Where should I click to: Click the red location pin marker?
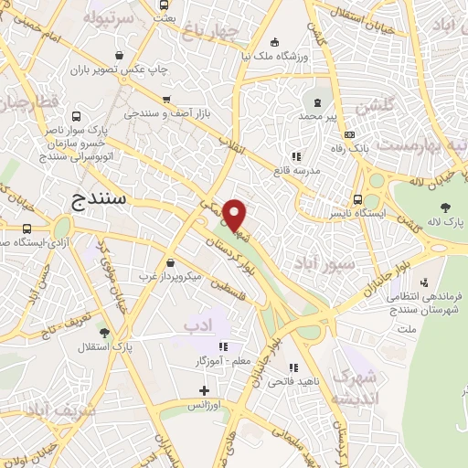[x=235, y=215]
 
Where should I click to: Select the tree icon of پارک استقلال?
[x=105, y=332]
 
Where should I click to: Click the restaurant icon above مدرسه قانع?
[x=295, y=156]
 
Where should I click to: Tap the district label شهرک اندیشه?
[x=355, y=388]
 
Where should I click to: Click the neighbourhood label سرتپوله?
[x=109, y=18]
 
